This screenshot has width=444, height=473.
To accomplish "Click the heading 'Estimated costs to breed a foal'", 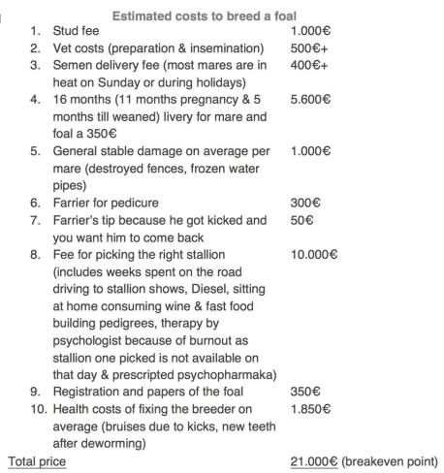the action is coord(204,16).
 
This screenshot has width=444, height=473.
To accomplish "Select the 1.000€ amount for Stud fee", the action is coord(309,32).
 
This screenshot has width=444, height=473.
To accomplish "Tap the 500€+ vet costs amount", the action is coord(307,48).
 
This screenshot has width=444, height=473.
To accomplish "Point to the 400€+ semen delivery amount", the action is coord(307,65).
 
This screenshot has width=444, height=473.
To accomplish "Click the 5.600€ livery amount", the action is coord(309,100).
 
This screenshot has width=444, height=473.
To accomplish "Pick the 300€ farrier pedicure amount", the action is coord(304,203).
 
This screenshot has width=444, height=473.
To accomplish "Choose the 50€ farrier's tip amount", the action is coord(301,220).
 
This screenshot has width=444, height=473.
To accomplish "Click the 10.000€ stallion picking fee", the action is coord(312,255).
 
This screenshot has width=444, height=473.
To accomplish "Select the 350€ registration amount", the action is coord(304,392).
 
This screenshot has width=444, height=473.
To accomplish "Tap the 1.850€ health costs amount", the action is coord(309,408).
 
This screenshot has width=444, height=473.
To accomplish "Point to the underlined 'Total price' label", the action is coord(37,461).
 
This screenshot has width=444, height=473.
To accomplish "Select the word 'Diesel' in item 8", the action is coord(187,289).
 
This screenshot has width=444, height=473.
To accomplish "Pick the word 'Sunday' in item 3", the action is coord(112,82).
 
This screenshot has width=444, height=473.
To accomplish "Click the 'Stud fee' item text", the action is coord(76,32).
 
